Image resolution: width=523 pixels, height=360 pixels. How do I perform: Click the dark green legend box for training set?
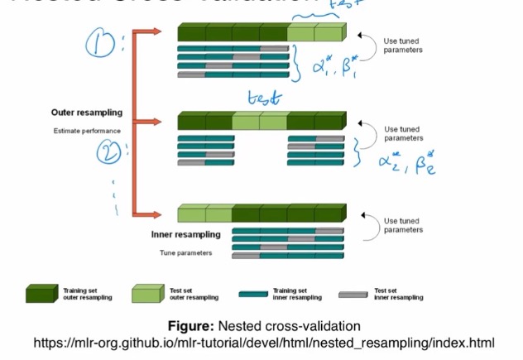[40, 295]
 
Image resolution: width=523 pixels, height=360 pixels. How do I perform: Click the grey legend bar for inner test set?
[353, 294]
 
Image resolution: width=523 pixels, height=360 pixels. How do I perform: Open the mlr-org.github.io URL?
[263, 343]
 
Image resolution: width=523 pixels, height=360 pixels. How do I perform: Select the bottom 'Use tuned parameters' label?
[403, 225]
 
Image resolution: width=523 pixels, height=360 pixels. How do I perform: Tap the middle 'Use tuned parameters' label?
[403, 133]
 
